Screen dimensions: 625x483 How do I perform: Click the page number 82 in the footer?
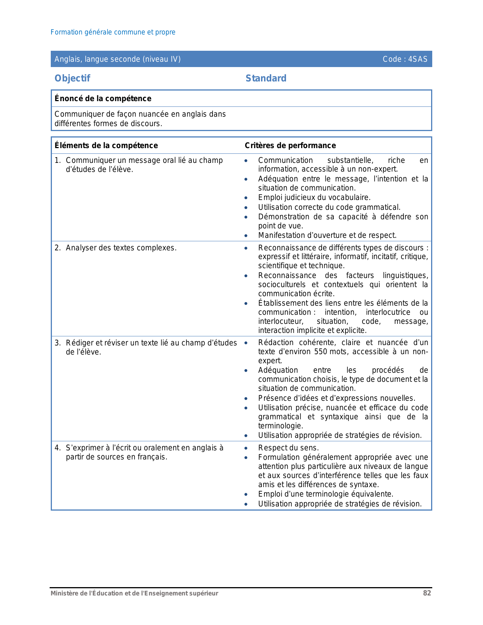click(x=427, y=593)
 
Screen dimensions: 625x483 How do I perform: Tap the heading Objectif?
click(x=72, y=78)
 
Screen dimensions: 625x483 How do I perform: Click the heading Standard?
click(x=266, y=78)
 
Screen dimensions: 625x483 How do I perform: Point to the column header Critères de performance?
click(x=290, y=145)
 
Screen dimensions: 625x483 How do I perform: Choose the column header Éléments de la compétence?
click(x=106, y=145)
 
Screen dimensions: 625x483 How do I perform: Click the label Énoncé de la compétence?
click(x=103, y=98)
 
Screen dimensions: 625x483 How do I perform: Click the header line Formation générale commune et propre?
click(x=113, y=32)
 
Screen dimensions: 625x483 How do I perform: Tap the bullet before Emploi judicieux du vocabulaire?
click(x=246, y=198)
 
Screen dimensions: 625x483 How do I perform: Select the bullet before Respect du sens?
click(x=246, y=448)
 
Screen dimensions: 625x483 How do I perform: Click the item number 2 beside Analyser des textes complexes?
click(x=57, y=248)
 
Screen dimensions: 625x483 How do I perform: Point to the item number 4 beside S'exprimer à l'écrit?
click(x=57, y=448)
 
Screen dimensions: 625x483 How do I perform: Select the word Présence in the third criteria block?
click(x=273, y=398)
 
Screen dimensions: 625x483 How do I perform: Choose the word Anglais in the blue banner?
click(x=67, y=59)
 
